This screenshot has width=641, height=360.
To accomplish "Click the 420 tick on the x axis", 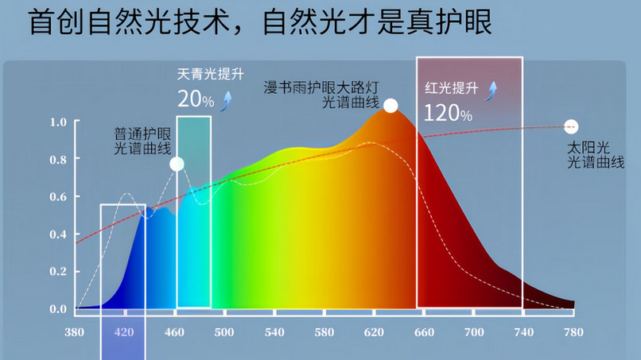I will (122, 331).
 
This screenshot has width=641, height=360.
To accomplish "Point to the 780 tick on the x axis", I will (573, 331).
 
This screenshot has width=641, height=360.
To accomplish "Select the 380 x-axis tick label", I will (74, 331).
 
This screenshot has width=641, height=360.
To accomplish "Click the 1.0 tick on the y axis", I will (58, 122).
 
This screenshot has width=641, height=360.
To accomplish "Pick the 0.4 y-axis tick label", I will (58, 234).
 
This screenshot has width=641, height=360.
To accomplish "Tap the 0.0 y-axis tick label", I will (58, 309).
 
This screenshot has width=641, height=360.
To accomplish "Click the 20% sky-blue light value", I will (196, 100).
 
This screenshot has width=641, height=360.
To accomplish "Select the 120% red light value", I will (448, 112).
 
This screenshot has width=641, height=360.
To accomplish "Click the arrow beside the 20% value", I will (228, 99).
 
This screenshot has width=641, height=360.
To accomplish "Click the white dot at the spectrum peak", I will (390, 105).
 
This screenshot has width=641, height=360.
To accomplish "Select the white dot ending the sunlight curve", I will (570, 127).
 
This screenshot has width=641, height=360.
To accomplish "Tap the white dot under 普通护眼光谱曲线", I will (177, 165).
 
